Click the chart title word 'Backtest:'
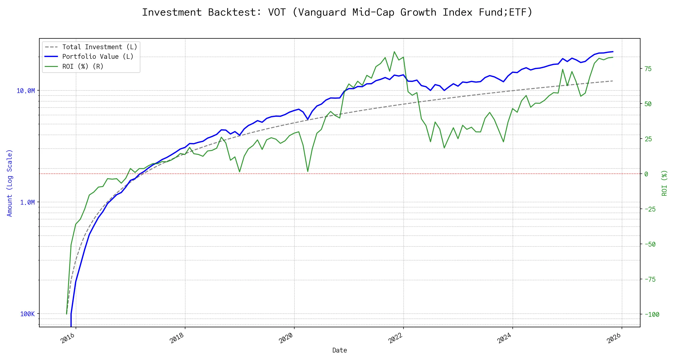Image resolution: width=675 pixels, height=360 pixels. (235, 12)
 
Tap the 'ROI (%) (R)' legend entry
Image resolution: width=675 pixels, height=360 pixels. (83, 67)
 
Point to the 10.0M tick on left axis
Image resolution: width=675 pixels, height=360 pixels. (26, 91)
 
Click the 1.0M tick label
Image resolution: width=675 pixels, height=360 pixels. (28, 202)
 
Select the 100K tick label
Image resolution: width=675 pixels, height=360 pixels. (28, 314)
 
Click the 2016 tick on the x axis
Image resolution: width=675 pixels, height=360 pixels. (68, 338)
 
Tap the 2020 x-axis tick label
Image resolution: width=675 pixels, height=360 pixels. (286, 338)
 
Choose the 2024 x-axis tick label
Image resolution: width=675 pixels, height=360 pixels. (504, 338)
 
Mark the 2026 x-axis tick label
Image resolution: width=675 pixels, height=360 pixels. (614, 338)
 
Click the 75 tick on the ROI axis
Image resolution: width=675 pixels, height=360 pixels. (648, 69)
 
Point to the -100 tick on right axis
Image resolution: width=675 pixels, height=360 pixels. (652, 315)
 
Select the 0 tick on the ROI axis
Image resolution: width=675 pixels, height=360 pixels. (646, 174)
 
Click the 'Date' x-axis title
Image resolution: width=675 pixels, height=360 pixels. (340, 350)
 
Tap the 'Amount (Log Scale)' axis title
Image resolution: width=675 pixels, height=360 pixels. (10, 183)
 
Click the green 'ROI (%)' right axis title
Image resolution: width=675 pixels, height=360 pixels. (664, 183)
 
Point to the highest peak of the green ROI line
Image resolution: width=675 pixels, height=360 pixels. (394, 52)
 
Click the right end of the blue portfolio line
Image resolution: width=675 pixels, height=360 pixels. (613, 52)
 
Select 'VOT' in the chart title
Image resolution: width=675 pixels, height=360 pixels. (277, 12)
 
